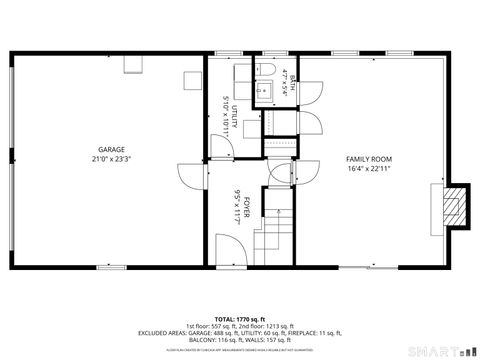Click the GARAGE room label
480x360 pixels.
[x=111, y=150]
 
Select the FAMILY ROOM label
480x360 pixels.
[x=369, y=160]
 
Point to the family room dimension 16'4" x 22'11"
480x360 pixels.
[x=369, y=170]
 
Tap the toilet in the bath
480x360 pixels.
[x=271, y=71]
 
